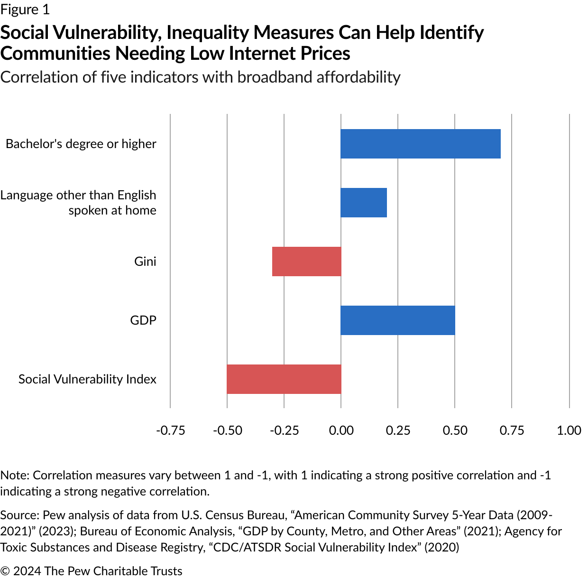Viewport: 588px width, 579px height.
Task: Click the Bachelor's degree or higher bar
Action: tap(421, 144)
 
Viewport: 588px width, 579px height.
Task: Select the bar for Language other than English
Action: tap(364, 203)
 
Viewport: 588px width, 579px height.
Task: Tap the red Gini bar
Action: tap(306, 261)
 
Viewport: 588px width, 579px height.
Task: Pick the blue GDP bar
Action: tap(398, 320)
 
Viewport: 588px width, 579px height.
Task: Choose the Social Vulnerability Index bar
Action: tap(284, 379)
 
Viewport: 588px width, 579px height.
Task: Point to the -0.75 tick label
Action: tap(170, 430)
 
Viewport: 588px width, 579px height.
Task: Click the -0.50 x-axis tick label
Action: tap(227, 430)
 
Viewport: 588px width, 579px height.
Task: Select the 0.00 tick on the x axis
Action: tap(341, 430)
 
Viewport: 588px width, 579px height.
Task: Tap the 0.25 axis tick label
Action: tap(398, 430)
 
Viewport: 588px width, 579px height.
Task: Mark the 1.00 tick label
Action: tap(569, 430)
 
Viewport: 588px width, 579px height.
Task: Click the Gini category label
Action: tap(145, 261)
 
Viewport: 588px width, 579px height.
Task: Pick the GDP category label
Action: tap(143, 320)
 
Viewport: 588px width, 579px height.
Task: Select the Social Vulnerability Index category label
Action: tap(87, 379)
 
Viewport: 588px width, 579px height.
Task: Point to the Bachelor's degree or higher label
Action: tap(81, 144)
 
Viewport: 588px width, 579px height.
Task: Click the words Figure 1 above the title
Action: tap(25, 9)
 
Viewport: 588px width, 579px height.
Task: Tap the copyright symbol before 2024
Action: tap(5, 571)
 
